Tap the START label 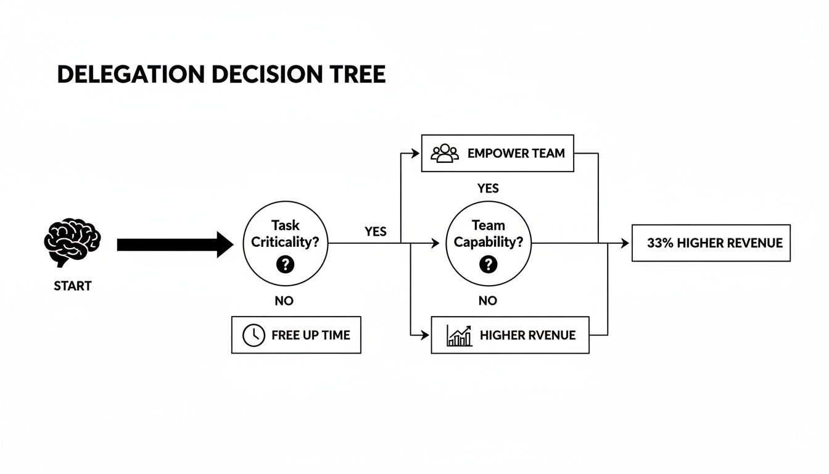(72, 286)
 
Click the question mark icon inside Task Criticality (285, 265)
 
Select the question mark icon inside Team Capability (488, 265)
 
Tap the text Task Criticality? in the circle (285, 234)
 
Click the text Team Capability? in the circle (488, 234)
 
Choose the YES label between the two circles (375, 231)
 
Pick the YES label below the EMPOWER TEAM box (488, 188)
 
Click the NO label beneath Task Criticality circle (284, 301)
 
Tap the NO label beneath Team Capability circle (487, 301)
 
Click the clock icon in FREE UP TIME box (254, 335)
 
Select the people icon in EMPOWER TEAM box (444, 153)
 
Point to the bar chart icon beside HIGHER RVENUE (459, 335)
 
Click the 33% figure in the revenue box (660, 243)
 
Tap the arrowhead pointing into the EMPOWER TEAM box (417, 153)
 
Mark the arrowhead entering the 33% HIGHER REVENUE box (627, 244)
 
